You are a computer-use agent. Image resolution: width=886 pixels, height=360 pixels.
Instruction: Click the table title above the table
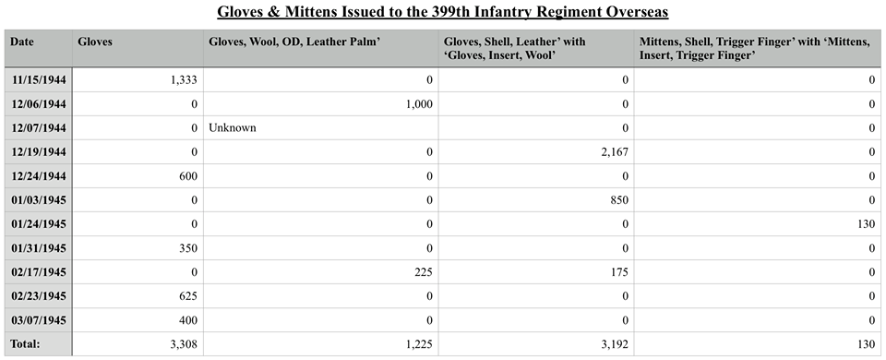tap(442, 12)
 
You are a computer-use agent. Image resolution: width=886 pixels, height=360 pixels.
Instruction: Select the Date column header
tap(21, 42)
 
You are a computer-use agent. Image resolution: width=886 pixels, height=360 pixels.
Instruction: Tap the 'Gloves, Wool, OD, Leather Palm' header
tap(294, 42)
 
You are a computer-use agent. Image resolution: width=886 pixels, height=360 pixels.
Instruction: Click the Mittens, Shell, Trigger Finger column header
tap(754, 49)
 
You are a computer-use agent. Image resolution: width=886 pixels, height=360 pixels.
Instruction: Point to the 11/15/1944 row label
tap(39, 80)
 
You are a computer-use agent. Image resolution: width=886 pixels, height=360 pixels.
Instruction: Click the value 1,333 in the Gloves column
tap(184, 80)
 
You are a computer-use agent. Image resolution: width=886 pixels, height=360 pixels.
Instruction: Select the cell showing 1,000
tap(419, 104)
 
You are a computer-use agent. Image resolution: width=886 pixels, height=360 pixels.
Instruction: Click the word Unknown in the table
tap(233, 127)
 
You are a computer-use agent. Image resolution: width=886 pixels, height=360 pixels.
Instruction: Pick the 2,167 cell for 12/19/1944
tap(615, 152)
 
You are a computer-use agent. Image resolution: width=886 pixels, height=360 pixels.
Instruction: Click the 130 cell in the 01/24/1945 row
tap(866, 223)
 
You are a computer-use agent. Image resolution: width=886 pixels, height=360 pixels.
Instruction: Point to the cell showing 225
tap(424, 271)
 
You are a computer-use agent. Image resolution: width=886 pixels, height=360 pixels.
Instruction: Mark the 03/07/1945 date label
tap(39, 320)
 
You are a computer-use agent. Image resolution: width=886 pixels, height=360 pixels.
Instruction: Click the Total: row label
tap(26, 343)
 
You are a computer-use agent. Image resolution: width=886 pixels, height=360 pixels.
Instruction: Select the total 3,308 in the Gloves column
tap(184, 344)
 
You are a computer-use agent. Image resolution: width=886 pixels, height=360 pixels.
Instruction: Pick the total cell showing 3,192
tap(615, 344)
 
